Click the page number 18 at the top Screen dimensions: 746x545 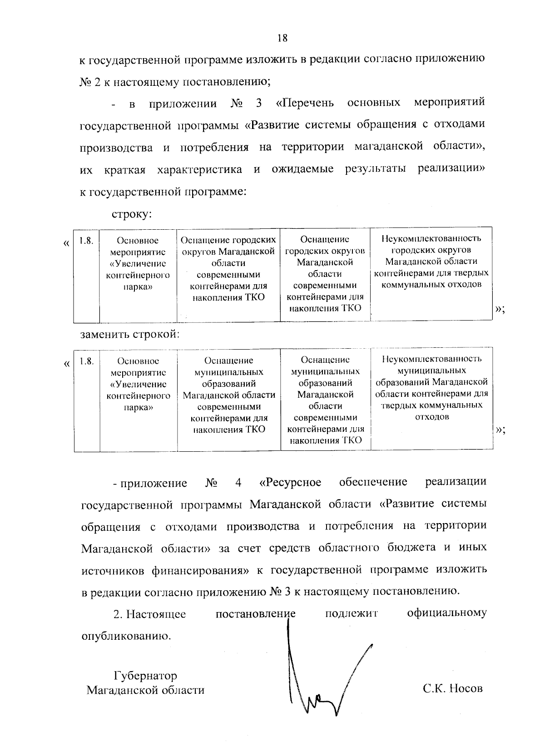click(282, 38)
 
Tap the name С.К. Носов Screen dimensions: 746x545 click(453, 688)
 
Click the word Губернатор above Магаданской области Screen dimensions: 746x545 click(145, 676)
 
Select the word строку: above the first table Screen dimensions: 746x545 click(131, 213)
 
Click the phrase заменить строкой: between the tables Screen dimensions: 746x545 click(130, 335)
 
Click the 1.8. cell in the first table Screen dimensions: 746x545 click(86, 241)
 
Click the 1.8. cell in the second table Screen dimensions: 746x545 click(86, 361)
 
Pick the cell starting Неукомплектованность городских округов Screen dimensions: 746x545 click(431, 262)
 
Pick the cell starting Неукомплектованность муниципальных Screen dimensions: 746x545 click(431, 388)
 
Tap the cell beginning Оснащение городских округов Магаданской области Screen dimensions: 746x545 click(228, 268)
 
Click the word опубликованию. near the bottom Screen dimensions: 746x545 click(126, 636)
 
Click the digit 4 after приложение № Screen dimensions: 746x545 click(238, 482)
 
